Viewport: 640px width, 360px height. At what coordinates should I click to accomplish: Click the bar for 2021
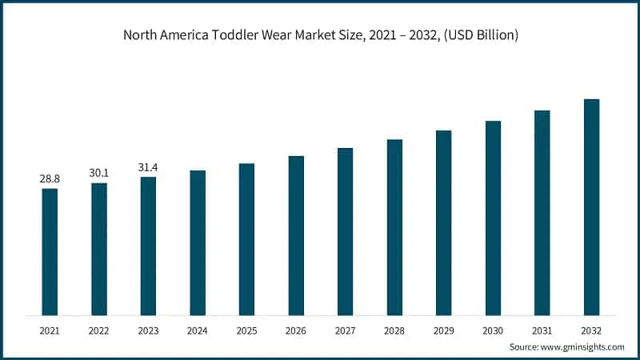click(50, 251)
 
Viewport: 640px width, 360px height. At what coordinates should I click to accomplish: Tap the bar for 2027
click(345, 231)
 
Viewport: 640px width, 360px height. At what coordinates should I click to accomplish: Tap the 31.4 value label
click(148, 167)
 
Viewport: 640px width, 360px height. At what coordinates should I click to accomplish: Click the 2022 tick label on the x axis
click(99, 329)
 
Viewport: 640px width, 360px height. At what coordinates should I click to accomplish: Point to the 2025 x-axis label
click(246, 329)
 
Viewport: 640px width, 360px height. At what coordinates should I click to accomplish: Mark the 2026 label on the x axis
click(296, 329)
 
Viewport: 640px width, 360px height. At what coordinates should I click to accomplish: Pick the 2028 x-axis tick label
click(394, 329)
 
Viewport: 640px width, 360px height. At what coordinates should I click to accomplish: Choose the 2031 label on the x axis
click(542, 329)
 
